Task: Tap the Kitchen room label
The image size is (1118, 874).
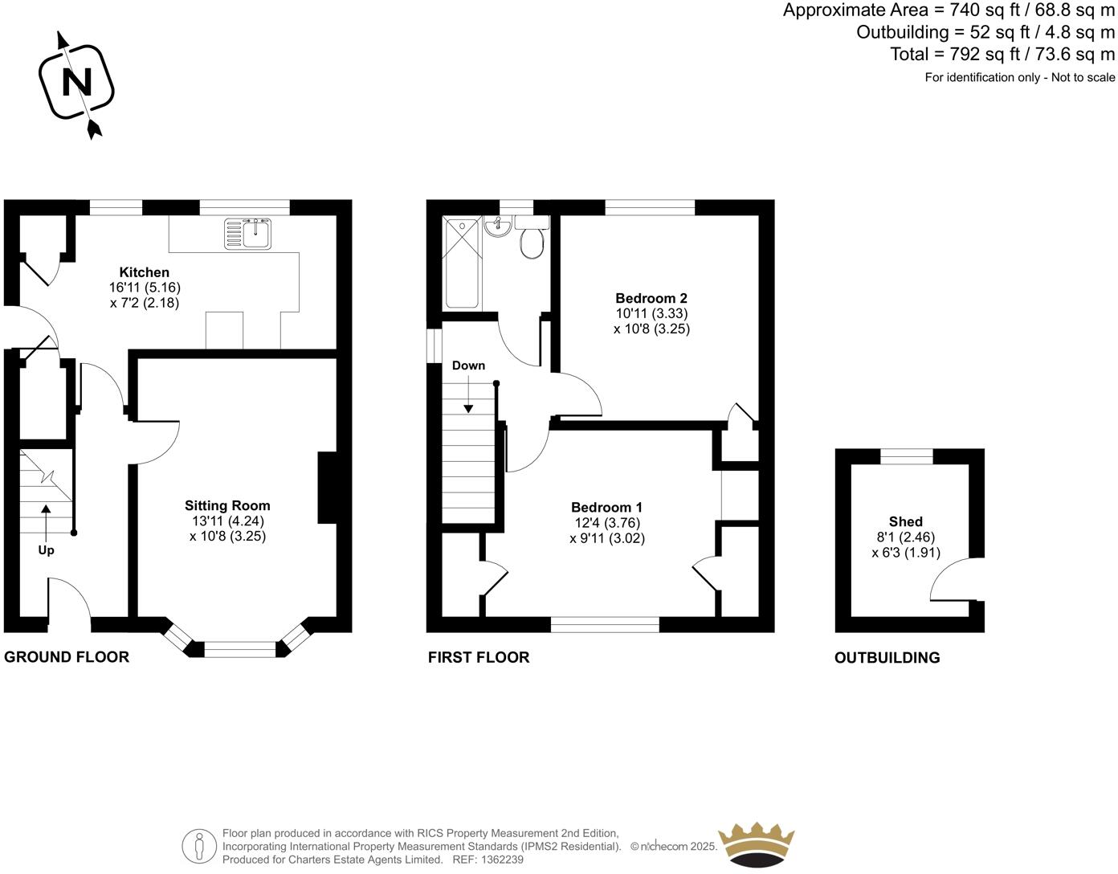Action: [145, 272]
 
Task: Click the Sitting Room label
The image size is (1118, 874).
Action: [227, 505]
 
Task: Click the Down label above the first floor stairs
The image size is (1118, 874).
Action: [468, 366]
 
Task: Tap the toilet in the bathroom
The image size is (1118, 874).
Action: [531, 240]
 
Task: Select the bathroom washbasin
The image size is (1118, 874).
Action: [498, 228]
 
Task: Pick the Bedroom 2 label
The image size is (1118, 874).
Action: [651, 298]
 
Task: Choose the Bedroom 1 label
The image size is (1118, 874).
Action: [606, 507]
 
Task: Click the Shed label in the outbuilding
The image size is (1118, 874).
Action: [905, 521]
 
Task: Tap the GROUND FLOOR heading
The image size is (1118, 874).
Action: [67, 657]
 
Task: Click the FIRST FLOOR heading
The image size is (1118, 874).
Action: [479, 657]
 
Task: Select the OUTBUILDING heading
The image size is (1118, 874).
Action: [887, 658]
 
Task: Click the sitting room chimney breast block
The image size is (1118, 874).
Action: [328, 488]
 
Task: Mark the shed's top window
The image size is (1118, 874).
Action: [907, 456]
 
